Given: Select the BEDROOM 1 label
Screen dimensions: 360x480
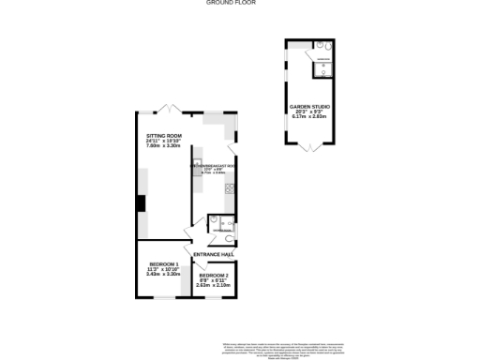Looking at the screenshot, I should tap(164, 264).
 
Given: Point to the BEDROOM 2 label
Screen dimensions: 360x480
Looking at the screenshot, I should tap(214, 275).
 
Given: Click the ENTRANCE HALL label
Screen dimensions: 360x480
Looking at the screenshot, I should tap(214, 255).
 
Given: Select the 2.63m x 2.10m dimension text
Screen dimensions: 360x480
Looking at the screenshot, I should tap(214, 285).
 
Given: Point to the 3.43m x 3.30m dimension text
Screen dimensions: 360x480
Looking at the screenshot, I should tap(164, 275).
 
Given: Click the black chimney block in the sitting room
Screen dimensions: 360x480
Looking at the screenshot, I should tap(140, 203).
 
